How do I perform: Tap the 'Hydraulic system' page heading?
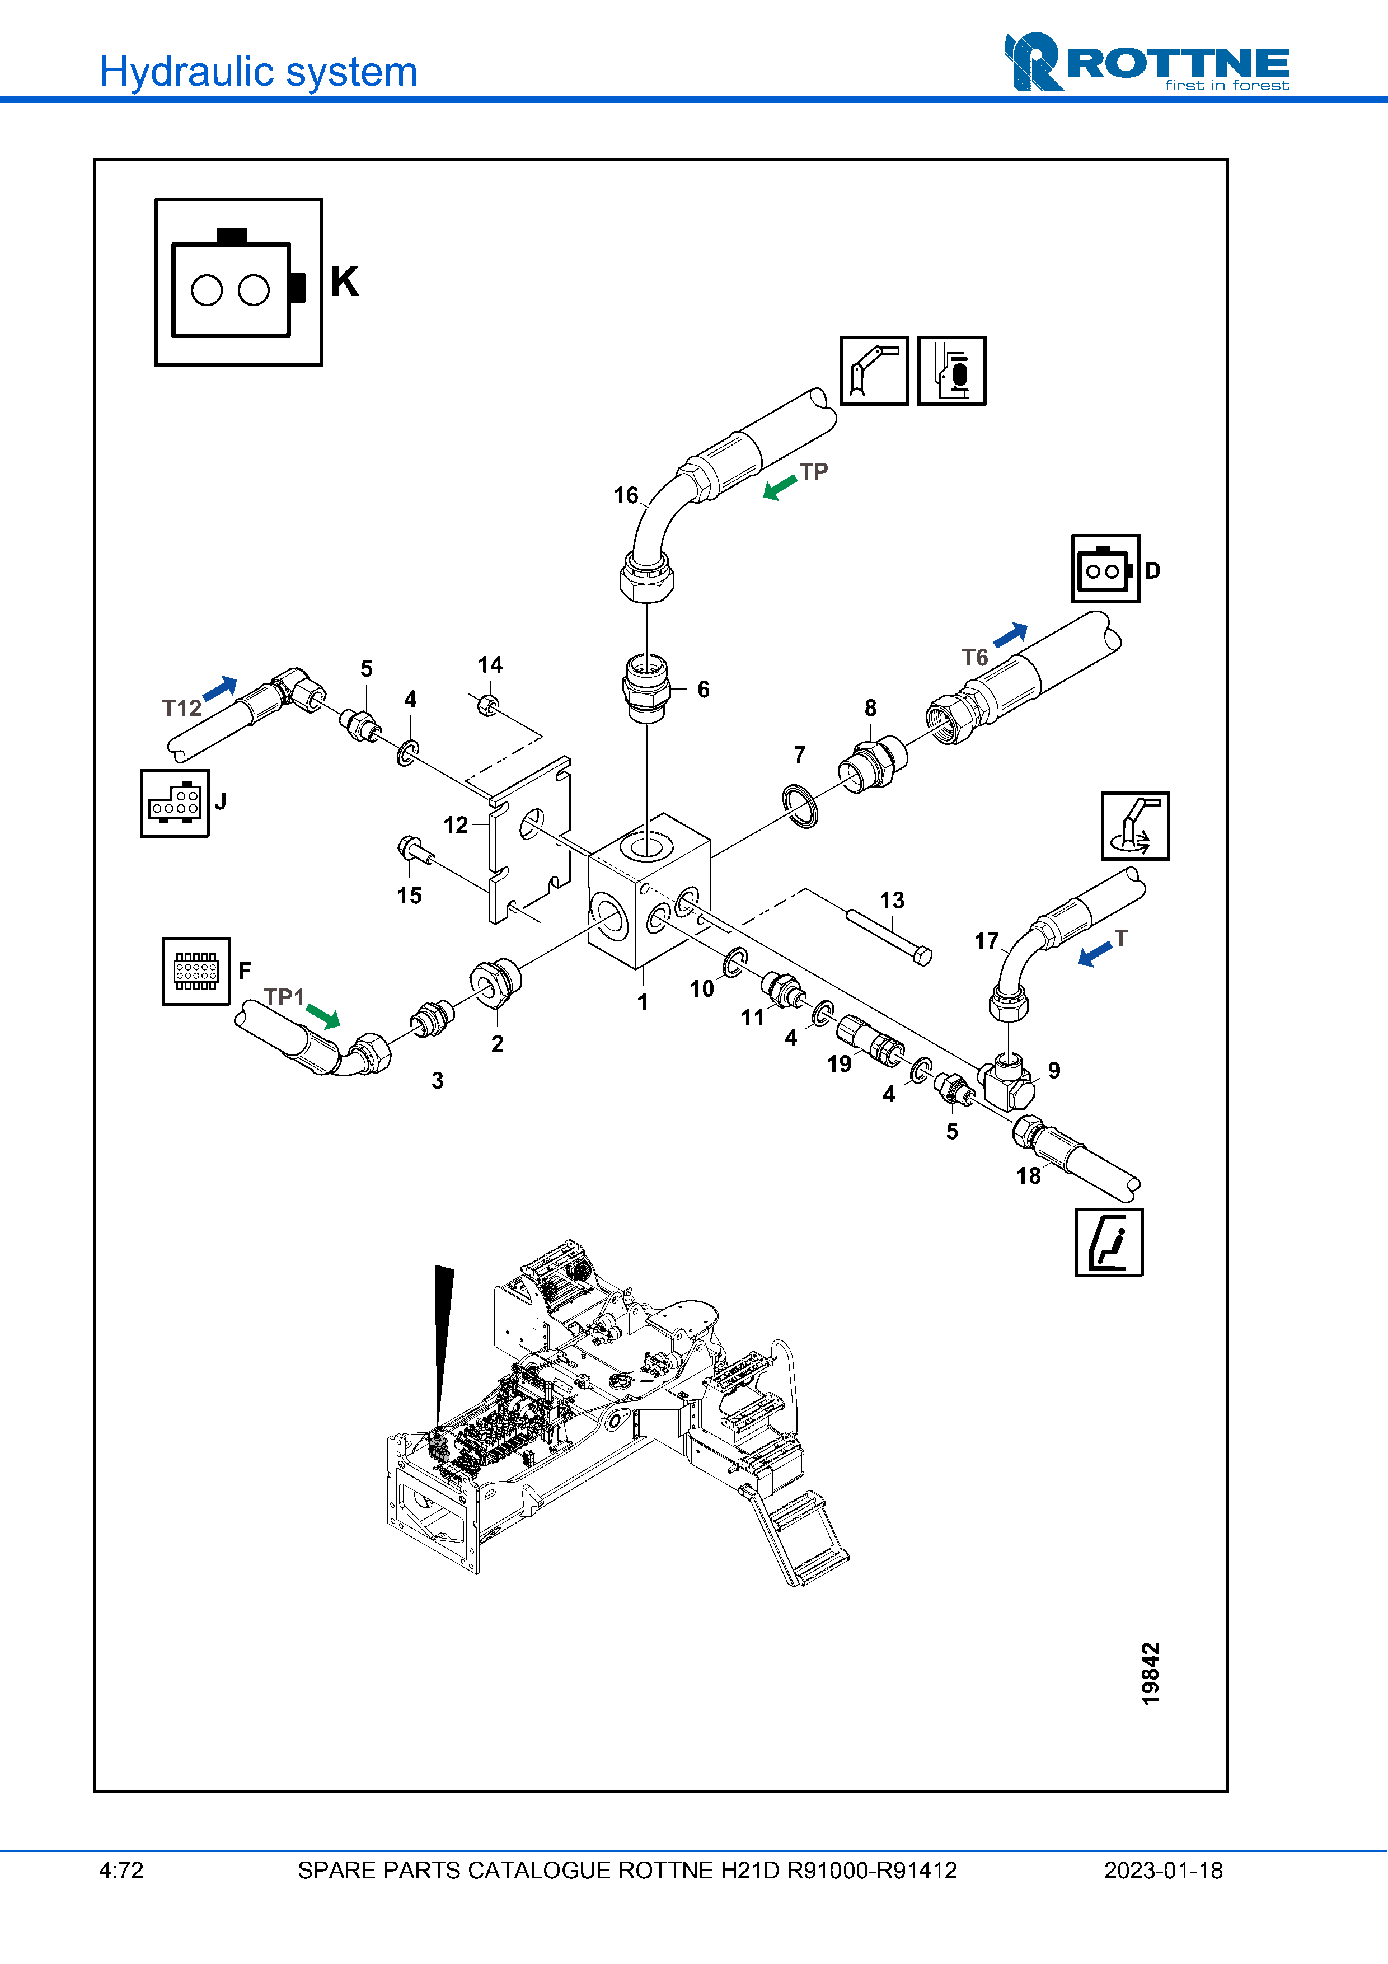click(258, 72)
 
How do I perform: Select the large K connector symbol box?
click(238, 282)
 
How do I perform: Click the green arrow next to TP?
click(779, 489)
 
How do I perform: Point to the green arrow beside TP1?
click(323, 1016)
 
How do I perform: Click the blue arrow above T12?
click(221, 688)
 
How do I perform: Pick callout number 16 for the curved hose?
click(625, 495)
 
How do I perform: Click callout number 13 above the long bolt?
click(892, 900)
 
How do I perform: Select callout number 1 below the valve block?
click(643, 1002)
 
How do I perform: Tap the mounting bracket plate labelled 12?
click(530, 838)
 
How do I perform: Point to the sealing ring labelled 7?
click(800, 806)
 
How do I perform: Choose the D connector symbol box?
click(1105, 569)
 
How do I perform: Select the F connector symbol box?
click(196, 971)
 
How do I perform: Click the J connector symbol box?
click(175, 803)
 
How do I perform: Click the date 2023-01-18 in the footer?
click(1162, 1871)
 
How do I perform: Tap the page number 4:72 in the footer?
click(121, 1871)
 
